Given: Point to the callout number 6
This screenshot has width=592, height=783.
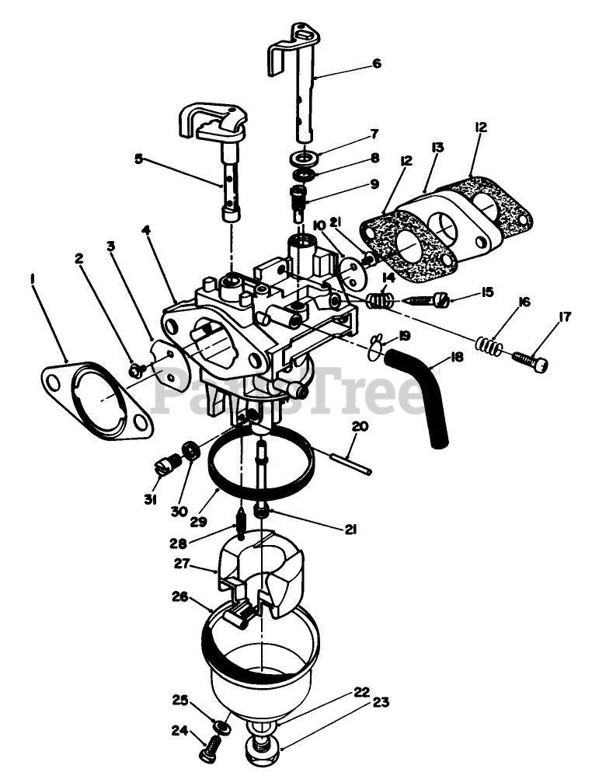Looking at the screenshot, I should point(377,64).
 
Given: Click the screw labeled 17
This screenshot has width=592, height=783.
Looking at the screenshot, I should point(531,360).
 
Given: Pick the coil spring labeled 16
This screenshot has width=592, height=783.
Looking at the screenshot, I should point(488,343).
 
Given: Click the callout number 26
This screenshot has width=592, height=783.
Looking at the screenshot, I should point(179,597).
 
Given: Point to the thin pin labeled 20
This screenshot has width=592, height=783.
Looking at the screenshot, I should point(350,458).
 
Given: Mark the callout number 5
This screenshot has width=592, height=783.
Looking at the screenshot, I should point(139,159).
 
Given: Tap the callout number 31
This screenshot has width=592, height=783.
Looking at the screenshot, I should point(151,498).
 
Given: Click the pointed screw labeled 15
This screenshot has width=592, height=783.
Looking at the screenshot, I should point(423,300).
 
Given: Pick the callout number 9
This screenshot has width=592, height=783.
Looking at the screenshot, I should point(374,184).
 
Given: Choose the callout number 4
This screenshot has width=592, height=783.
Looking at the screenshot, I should point(146,230).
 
